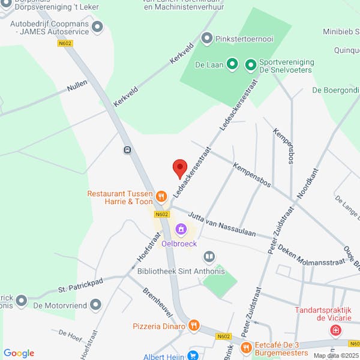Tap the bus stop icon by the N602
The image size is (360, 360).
coord(127,150)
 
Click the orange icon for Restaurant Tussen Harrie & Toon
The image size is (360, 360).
coord(161,196)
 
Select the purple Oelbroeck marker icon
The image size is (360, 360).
coord(180,229)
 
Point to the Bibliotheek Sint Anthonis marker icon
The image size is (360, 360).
coord(209,257)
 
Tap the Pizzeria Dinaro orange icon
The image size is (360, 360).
coord(193,326)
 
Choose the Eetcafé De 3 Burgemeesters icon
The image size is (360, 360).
coord(245,347)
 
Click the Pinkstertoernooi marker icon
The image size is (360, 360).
coord(207,39)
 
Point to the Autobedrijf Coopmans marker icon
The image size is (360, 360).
coord(97,26)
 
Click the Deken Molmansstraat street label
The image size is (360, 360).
coord(311,254)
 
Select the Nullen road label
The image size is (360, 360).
coord(77,87)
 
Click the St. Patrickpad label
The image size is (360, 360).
coord(81,284)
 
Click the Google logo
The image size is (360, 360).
coord(19,353)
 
